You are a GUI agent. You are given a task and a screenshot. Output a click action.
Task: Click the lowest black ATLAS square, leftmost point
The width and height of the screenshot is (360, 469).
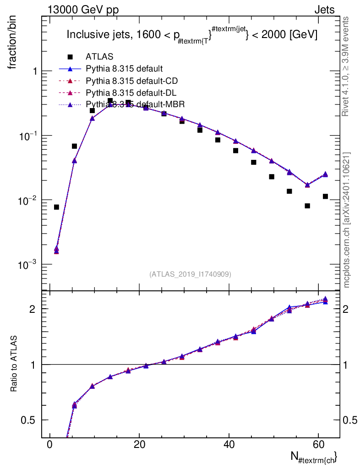tap(56, 207)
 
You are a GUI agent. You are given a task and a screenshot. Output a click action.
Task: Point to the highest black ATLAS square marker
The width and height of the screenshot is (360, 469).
tap(110, 101)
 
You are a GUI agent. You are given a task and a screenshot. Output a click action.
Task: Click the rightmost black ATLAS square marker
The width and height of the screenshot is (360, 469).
tap(325, 196)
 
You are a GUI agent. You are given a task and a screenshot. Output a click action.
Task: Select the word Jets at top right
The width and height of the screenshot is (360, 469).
tap(324, 10)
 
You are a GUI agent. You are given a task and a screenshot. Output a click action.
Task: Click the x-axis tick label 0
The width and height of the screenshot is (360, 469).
tap(49, 444)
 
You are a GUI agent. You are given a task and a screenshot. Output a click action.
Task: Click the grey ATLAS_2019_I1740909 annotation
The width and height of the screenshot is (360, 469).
tap(190, 274)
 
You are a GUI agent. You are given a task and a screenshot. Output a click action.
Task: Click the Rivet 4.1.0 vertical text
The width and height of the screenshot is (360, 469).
tap(346, 66)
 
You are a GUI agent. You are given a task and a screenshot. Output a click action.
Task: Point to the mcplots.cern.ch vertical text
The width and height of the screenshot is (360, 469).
tap(346, 219)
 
